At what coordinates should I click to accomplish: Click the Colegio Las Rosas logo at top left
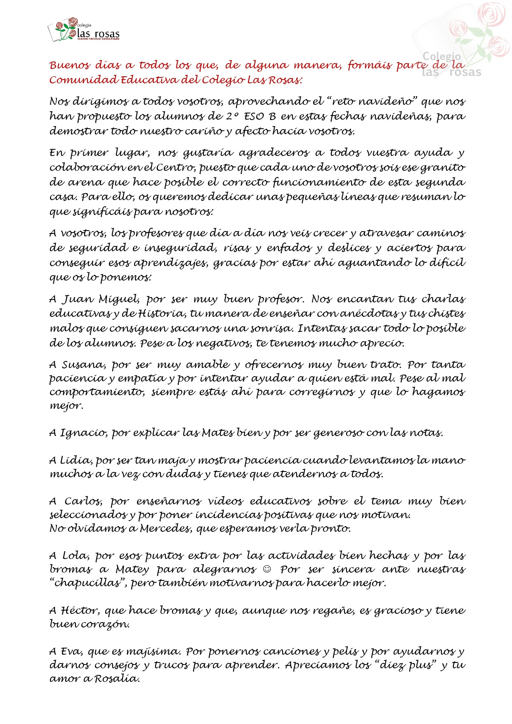tap(84, 30)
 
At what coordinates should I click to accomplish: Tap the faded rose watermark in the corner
tap(466, 39)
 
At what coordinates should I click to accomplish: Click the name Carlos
tap(83, 502)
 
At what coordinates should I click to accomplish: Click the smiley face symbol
tap(267, 569)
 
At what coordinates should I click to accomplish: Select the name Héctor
tap(80, 611)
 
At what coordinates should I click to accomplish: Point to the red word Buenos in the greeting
tap(69, 65)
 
